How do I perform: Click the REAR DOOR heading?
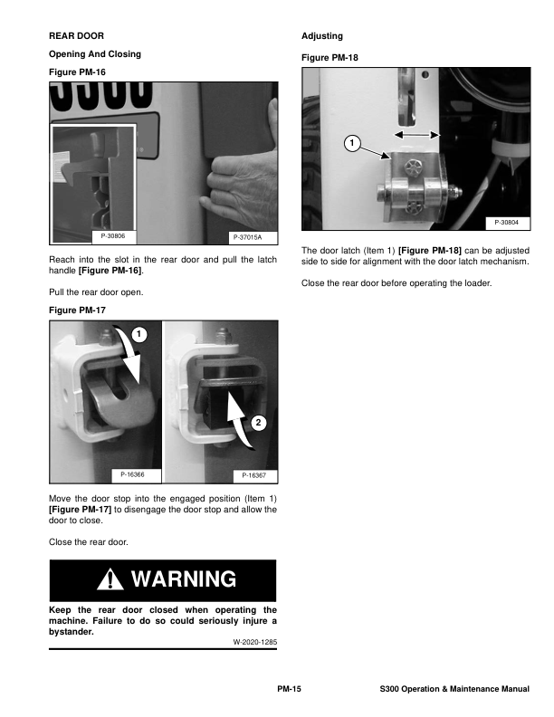[77, 36]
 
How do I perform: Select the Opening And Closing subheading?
[95, 54]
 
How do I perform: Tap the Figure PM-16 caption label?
[77, 72]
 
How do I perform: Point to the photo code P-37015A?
[247, 237]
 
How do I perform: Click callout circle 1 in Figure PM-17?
[137, 335]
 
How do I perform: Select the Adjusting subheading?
[321, 36]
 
